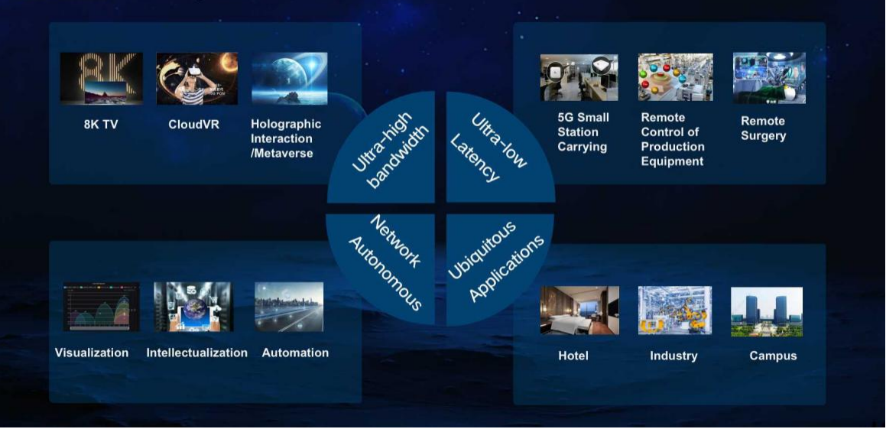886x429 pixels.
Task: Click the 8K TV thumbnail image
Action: point(101,79)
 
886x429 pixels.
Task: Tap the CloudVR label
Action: point(194,125)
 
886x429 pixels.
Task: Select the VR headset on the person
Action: point(194,70)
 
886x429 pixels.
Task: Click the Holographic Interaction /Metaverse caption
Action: point(286,138)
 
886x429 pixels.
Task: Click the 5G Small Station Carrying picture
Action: point(579,77)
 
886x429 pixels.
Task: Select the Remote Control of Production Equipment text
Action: point(673,139)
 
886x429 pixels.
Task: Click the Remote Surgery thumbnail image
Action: point(769,78)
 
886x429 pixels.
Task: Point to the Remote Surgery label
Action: point(764,128)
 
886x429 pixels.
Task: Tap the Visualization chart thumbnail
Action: point(101,307)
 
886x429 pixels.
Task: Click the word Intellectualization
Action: point(196,353)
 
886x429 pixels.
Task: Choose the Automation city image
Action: point(289,307)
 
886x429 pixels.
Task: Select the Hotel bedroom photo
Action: point(579,310)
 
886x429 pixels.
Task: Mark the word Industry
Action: point(673,356)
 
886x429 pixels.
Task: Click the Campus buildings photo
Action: point(767,311)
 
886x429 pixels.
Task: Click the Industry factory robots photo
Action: point(675,310)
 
